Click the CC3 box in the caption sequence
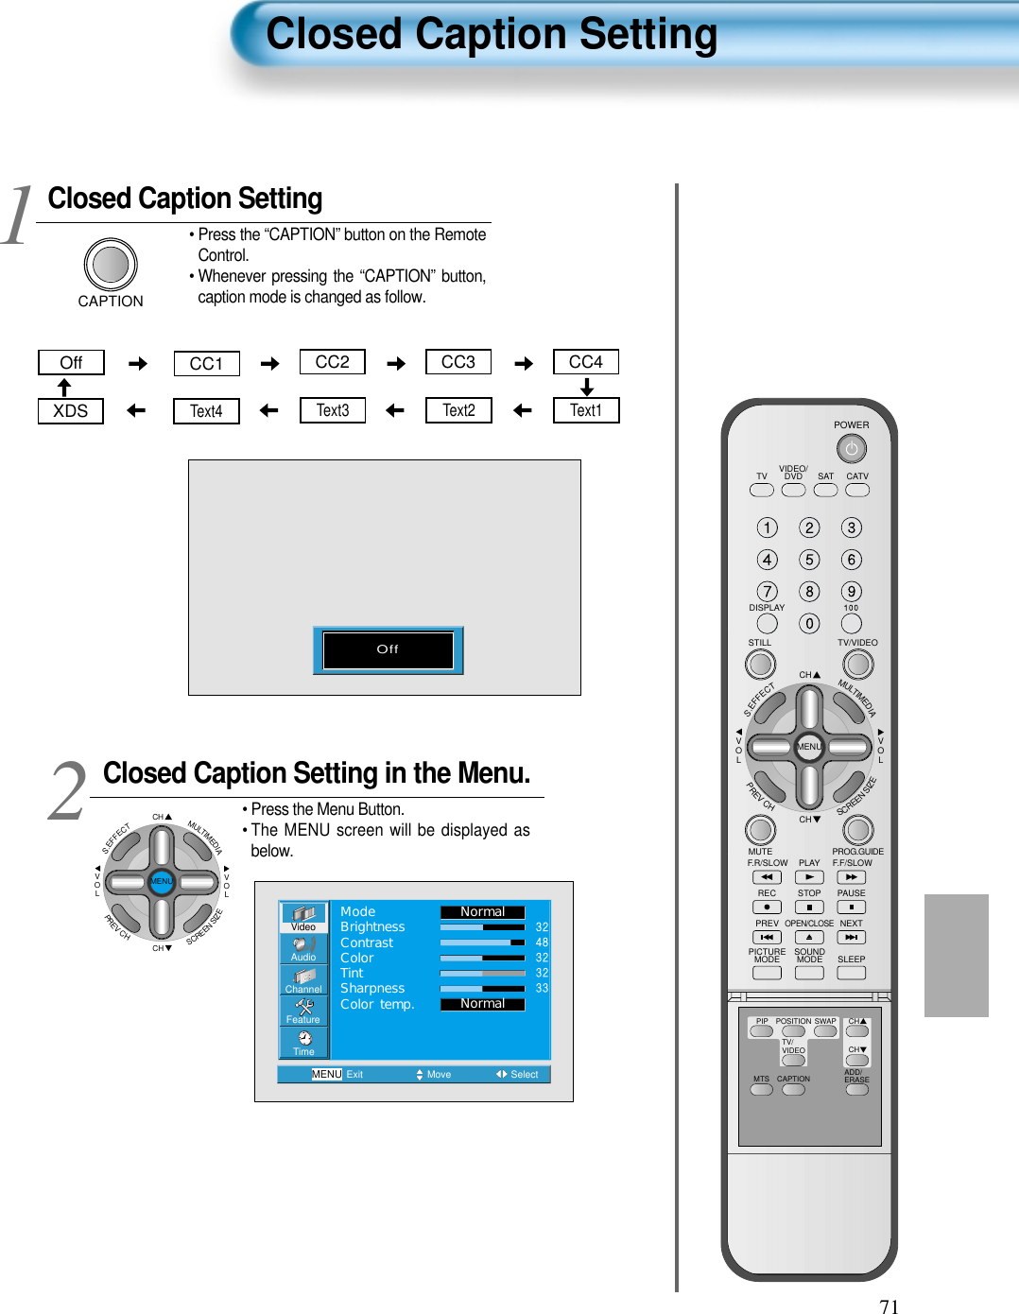(458, 362)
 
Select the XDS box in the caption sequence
(71, 411)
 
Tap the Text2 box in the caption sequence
(458, 410)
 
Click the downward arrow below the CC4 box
(586, 388)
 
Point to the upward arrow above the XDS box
(64, 388)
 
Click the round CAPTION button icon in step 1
(111, 265)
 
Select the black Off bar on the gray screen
(388, 649)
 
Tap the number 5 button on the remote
(809, 560)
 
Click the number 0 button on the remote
(809, 624)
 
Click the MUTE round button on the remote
(760, 829)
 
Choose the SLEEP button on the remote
(851, 973)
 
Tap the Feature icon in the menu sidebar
(303, 1011)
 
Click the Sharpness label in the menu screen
(372, 988)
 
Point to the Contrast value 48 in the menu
(542, 942)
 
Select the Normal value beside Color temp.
(482, 1004)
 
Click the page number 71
(889, 1306)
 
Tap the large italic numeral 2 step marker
(68, 791)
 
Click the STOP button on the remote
(809, 908)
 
